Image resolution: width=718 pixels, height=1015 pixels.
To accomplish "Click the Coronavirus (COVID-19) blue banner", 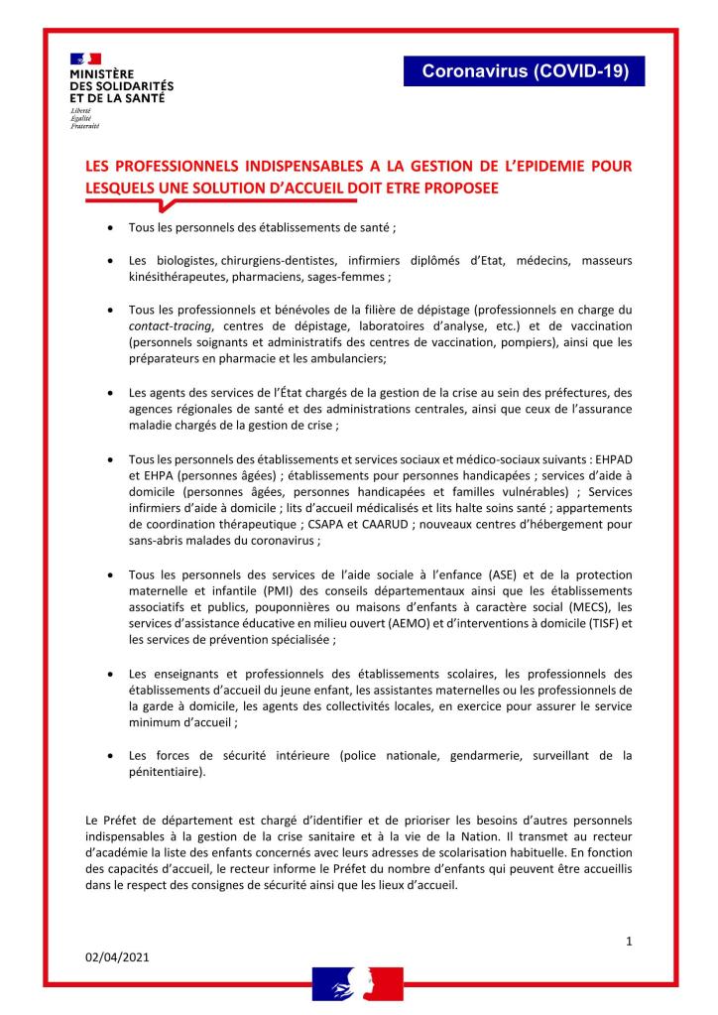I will click(525, 71).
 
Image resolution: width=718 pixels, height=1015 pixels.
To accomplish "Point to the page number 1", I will click(629, 940).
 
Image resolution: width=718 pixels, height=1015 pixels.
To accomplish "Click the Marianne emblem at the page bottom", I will click(358, 982).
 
